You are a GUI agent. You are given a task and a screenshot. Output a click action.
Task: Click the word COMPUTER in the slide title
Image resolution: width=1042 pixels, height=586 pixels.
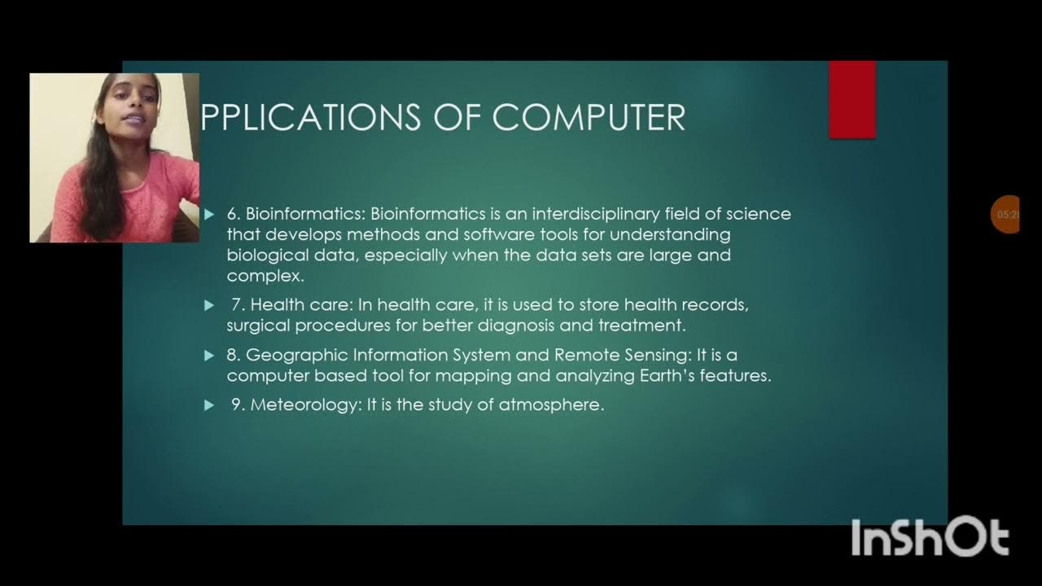click(589, 117)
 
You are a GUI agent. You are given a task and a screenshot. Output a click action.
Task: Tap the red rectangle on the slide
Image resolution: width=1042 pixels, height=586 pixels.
click(852, 99)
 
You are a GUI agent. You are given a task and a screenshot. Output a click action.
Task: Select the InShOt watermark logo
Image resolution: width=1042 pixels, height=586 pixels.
click(930, 538)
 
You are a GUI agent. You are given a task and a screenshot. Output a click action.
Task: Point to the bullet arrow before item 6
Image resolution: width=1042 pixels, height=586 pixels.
click(209, 214)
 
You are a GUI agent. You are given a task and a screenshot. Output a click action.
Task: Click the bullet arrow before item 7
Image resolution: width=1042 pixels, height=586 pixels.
click(209, 305)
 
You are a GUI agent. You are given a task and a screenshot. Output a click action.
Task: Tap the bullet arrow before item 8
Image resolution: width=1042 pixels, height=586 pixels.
click(209, 356)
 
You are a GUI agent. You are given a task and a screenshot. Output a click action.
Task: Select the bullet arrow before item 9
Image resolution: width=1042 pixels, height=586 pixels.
click(209, 405)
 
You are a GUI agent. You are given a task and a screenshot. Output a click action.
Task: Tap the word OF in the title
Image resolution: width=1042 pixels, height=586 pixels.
click(456, 117)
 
